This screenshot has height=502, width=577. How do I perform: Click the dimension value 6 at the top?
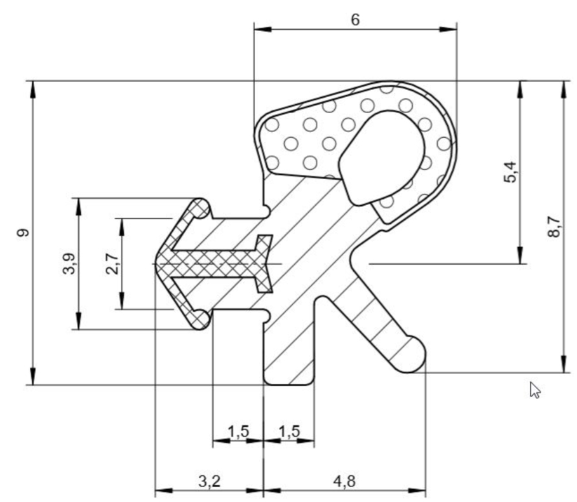click(x=355, y=19)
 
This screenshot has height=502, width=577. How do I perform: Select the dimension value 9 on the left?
click(x=23, y=233)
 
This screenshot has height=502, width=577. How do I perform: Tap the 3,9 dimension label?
click(x=69, y=263)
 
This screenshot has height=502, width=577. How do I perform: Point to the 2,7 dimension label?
click(x=112, y=264)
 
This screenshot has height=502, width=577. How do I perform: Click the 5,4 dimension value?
click(x=510, y=172)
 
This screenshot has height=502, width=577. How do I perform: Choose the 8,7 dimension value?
click(x=554, y=227)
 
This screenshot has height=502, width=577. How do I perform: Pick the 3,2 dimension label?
click(x=209, y=481)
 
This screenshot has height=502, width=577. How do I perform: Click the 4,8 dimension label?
click(x=345, y=481)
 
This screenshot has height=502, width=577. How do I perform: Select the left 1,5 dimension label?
click(x=238, y=431)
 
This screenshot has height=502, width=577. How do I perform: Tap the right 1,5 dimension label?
click(x=289, y=431)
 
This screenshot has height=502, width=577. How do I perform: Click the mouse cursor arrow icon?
click(x=535, y=390)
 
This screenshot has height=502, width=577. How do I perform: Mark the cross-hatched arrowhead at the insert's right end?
click(x=264, y=263)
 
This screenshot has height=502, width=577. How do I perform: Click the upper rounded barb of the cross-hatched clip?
click(x=201, y=208)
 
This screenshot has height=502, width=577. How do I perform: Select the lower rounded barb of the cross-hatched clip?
click(x=201, y=319)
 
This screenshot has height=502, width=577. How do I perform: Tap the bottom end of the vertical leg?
click(x=289, y=384)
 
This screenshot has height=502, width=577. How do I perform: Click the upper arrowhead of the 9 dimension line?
click(x=33, y=89)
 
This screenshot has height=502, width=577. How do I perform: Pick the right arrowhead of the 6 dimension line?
click(x=448, y=29)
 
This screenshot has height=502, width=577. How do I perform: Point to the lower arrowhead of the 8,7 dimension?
click(x=563, y=364)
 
